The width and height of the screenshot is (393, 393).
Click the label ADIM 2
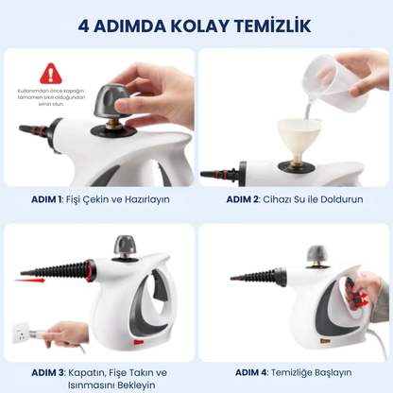[x=244, y=199]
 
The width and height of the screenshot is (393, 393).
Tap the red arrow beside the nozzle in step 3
[x=33, y=279]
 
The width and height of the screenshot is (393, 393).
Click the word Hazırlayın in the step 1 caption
[x=142, y=199]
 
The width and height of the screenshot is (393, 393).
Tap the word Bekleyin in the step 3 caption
[x=128, y=384]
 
